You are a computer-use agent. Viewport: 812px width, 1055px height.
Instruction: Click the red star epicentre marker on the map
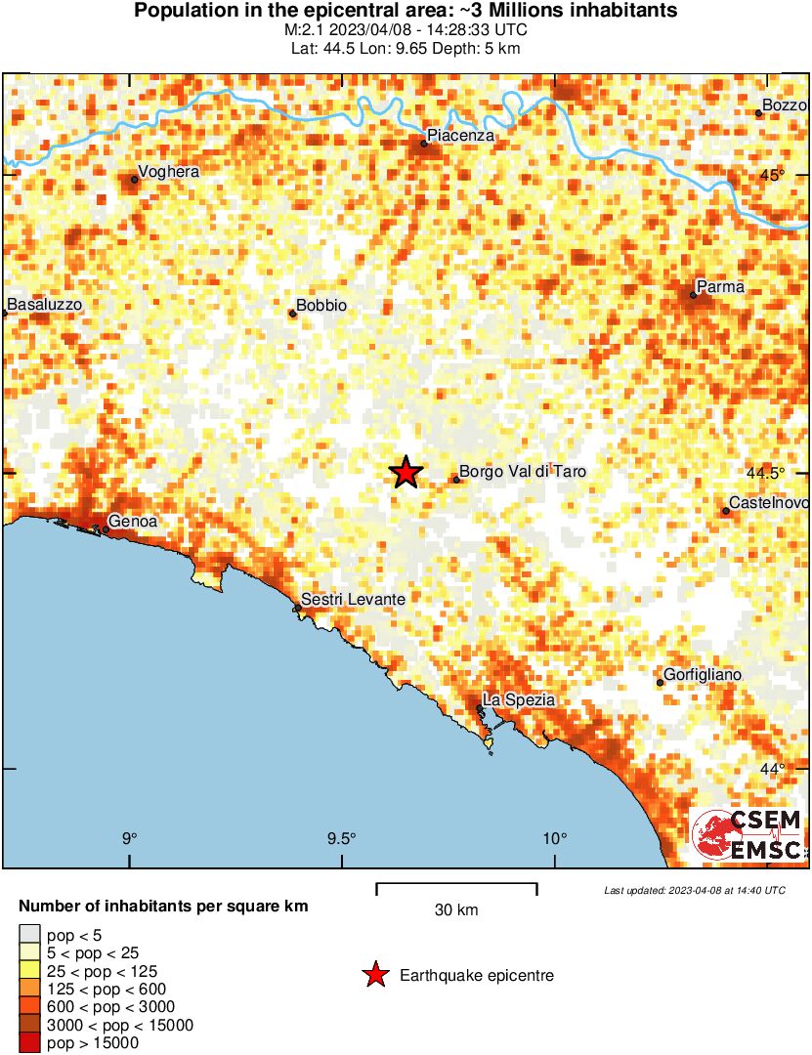pyautogui.click(x=406, y=472)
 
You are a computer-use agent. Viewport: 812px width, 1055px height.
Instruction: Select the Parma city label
pyautogui.click(x=720, y=287)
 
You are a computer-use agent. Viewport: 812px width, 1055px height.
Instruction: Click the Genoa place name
pyautogui.click(x=133, y=522)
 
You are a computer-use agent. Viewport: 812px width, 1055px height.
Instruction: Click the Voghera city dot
pyautogui.click(x=135, y=180)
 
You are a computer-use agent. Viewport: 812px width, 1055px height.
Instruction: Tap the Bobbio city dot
pyautogui.click(x=292, y=314)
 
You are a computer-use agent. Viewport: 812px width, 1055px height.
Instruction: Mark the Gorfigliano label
pyautogui.click(x=703, y=675)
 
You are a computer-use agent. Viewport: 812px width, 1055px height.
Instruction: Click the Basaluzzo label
pyautogui.click(x=44, y=305)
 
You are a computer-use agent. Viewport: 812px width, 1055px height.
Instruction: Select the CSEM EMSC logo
pyautogui.click(x=748, y=835)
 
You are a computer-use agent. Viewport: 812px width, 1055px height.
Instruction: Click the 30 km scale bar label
pyautogui.click(x=456, y=910)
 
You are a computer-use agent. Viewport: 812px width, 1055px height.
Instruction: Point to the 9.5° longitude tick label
pyautogui.click(x=342, y=839)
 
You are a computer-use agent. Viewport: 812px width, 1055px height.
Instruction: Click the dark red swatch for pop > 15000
pyautogui.click(x=29, y=1043)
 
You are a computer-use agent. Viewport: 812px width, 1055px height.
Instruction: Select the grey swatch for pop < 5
pyautogui.click(x=29, y=935)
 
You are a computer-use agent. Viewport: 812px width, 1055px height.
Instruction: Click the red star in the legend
pyautogui.click(x=374, y=975)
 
